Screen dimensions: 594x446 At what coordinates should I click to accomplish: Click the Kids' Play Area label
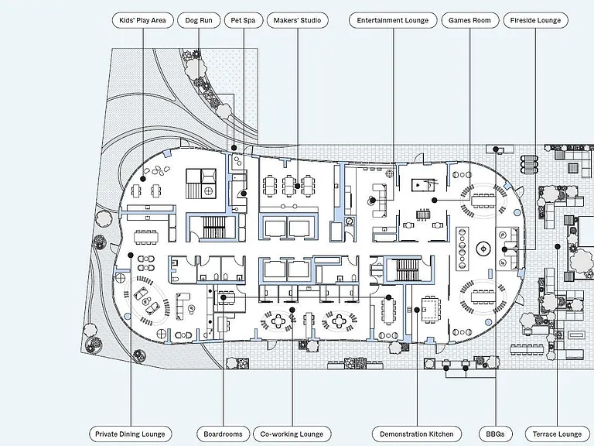coord(143,20)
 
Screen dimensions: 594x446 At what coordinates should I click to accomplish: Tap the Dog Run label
coord(199,20)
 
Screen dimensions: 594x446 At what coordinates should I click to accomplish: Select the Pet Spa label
coord(243,20)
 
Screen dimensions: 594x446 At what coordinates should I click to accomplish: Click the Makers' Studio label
coord(297,20)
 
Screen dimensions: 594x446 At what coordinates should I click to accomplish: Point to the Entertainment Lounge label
coord(393,20)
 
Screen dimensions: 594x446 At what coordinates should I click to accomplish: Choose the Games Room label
coord(469,20)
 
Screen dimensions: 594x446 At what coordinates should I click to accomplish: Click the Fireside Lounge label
coord(536,20)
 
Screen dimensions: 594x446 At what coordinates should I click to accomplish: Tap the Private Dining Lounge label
coord(130,434)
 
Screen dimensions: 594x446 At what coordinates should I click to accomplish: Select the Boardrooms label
coord(223,434)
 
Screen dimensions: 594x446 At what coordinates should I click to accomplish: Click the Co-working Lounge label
coord(292,434)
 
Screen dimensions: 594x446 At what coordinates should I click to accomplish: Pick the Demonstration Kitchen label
coord(417,434)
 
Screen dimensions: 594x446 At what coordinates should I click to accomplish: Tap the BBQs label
coord(496,434)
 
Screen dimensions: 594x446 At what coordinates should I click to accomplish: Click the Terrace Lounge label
coord(557,434)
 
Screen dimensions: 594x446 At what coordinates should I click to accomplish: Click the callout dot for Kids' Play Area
coord(143,179)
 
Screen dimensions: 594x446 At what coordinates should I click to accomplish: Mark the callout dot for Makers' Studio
coord(297,186)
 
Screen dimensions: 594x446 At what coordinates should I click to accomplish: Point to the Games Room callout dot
coord(435,200)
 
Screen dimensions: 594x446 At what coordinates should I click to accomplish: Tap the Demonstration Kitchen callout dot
coord(417,310)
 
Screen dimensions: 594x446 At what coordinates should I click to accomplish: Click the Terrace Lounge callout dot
coord(557,246)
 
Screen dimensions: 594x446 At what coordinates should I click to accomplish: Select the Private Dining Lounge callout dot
coord(130,255)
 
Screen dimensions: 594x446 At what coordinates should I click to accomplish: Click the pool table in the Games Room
coord(421,185)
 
